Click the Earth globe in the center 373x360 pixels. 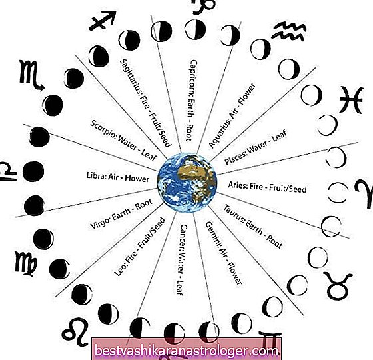[x=187, y=183]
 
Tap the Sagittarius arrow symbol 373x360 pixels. [x=103, y=21]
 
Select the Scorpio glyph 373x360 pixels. [x=31, y=75]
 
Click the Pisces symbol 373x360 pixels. [x=351, y=100]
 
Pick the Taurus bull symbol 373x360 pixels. [x=337, y=286]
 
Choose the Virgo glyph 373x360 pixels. [x=26, y=264]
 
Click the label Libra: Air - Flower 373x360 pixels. [x=118, y=177]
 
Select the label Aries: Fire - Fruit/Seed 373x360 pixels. [x=267, y=187]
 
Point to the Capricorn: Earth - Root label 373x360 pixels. [x=190, y=100]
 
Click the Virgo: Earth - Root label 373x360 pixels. [x=121, y=214]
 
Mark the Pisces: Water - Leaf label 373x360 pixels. [x=256, y=147]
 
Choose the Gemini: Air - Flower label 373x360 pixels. [x=224, y=253]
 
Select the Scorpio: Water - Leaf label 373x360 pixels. [x=123, y=141]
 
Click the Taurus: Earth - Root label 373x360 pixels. [x=253, y=227]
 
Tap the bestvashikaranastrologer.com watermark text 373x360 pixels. [x=186, y=351]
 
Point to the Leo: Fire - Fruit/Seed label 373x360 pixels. [x=140, y=247]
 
